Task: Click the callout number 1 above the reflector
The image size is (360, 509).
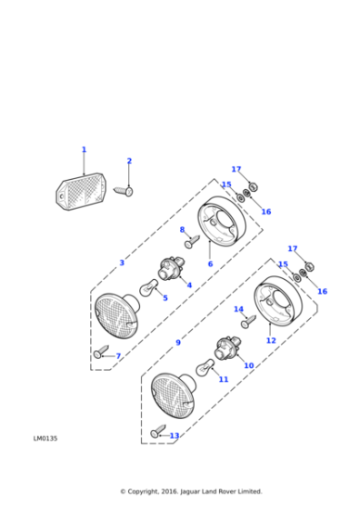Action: (x=84, y=150)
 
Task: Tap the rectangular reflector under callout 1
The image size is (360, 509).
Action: (x=81, y=191)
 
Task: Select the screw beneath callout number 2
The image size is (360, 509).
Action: (x=124, y=191)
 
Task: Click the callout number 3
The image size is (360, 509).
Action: (x=122, y=263)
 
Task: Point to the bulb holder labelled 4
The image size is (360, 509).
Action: (x=171, y=269)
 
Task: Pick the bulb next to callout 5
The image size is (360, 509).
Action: (x=149, y=287)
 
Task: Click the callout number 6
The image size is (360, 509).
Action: (x=210, y=264)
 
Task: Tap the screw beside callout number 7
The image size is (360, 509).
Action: (x=101, y=352)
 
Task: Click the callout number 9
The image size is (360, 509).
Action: (x=178, y=343)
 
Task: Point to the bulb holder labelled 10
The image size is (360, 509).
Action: (x=227, y=349)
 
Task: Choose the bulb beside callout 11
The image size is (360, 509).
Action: (x=205, y=367)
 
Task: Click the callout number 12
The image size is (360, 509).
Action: (x=271, y=341)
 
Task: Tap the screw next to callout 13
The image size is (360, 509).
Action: (x=158, y=431)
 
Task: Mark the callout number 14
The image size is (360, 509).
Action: (x=238, y=309)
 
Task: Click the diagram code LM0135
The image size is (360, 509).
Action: (x=45, y=438)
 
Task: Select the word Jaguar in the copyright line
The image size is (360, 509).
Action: (x=190, y=492)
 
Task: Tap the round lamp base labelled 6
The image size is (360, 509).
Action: (x=222, y=221)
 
